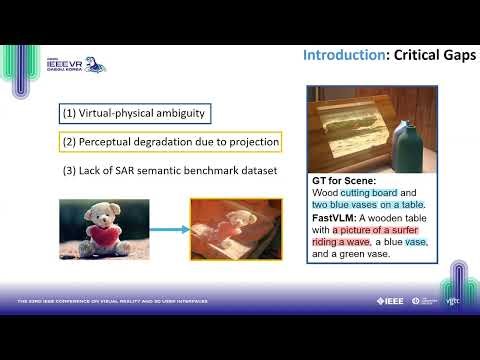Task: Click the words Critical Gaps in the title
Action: pyautogui.click(x=432, y=54)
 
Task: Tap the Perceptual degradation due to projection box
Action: pyautogui.click(x=171, y=141)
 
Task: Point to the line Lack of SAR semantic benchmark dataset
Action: pyautogui.click(x=169, y=170)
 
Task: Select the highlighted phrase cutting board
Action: pyautogui.click(x=373, y=192)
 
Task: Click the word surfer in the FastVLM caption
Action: pyautogui.click(x=409, y=229)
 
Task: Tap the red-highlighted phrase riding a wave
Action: pyautogui.click(x=344, y=242)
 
